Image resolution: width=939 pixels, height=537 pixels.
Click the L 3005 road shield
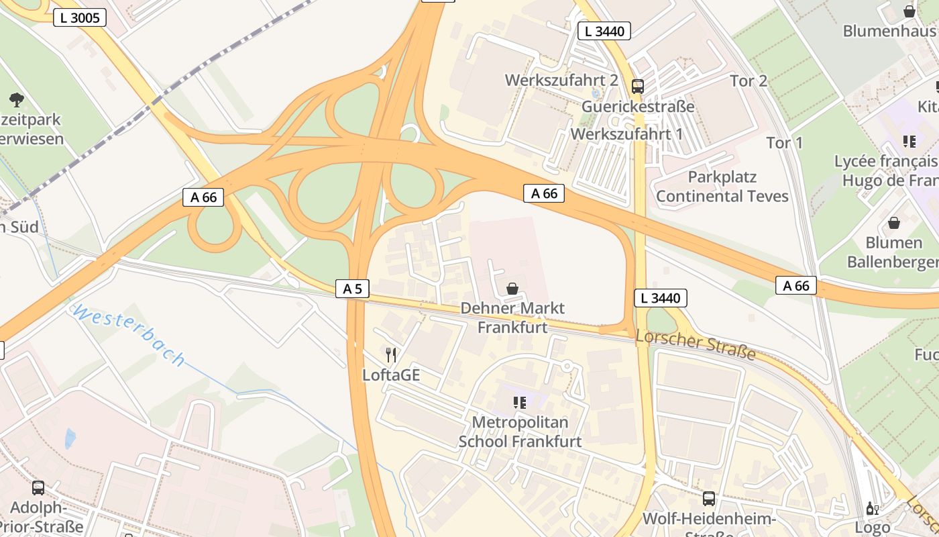pos(80,17)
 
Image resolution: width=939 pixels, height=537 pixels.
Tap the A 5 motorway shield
pos(352,289)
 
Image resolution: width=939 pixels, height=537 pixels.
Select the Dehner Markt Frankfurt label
pos(512,318)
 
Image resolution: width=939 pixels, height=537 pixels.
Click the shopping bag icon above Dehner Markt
pos(512,289)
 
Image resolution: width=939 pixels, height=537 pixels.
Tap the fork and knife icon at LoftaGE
pos(391,354)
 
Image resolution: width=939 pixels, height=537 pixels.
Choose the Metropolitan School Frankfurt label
pos(520,432)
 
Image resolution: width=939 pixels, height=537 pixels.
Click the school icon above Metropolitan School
pos(520,402)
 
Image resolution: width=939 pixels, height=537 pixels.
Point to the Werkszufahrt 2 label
pos(561,80)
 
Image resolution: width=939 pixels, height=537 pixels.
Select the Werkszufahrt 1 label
pos(626,134)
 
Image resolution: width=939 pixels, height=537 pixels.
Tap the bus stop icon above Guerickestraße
pos(637,87)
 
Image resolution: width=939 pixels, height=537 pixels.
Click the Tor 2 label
pos(749,81)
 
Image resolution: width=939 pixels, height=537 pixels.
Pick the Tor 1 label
pos(785,142)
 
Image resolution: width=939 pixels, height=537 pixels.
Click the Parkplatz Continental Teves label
pos(722,187)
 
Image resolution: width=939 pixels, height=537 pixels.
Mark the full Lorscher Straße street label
pos(695,344)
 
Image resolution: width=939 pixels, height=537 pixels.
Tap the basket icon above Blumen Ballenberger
pos(893,223)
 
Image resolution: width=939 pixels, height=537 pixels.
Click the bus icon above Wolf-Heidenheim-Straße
pos(709,498)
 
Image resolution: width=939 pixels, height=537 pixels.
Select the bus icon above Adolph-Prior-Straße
pos(38,488)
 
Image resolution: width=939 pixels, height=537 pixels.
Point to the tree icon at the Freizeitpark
pos(17,100)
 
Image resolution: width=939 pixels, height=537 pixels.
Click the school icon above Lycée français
pos(909,141)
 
